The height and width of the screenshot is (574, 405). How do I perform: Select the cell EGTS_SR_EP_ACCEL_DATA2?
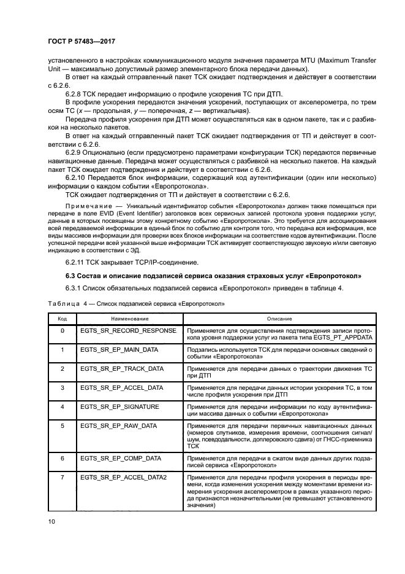[x=123, y=476]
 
